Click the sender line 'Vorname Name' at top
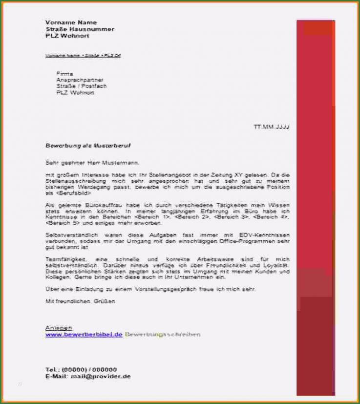[71, 22]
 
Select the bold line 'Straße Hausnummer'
[80, 29]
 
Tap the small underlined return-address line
[83, 56]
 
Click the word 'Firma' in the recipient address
[64, 73]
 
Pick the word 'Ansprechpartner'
[80, 80]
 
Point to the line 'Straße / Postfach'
[81, 86]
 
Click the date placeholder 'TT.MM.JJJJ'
[272, 127]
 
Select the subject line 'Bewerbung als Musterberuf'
[88, 146]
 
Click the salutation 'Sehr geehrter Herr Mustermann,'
[92, 163]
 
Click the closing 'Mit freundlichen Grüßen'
[80, 301]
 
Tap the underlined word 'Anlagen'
[59, 328]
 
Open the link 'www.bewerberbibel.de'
[84, 335]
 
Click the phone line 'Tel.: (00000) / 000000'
[81, 369]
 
